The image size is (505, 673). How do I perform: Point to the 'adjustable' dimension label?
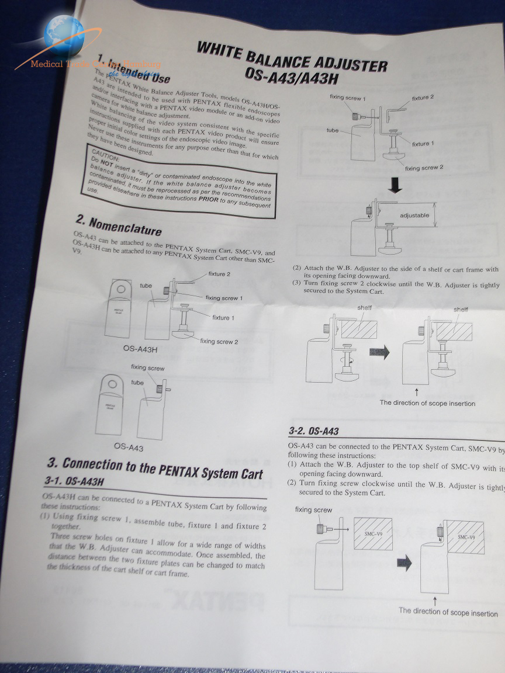click(414, 216)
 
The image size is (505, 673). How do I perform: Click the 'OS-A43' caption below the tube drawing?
click(129, 447)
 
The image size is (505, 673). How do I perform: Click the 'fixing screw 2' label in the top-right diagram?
click(424, 168)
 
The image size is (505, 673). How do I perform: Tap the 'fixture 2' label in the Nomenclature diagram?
click(219, 274)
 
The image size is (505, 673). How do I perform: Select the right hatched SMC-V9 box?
click(465, 537)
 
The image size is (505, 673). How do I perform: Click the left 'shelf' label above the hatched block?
click(364, 307)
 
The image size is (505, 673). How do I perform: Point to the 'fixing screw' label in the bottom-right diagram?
click(313, 510)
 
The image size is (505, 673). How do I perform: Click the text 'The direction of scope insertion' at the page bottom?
click(448, 612)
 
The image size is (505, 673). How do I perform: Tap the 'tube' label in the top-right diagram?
click(333, 131)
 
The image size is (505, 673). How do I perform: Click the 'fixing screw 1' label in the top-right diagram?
click(347, 98)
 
